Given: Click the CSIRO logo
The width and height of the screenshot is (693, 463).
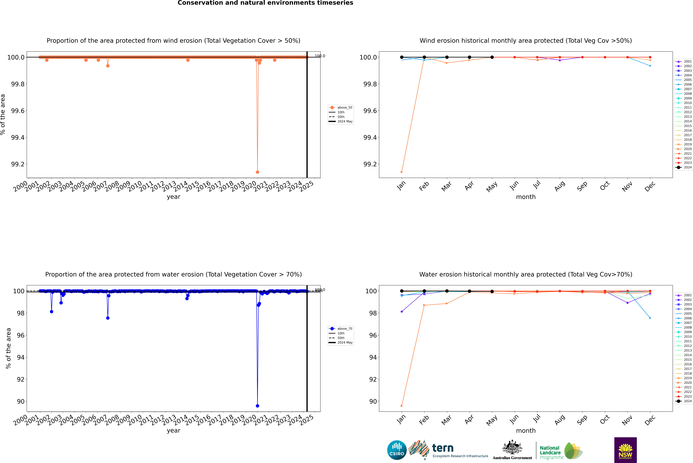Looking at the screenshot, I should (x=397, y=450).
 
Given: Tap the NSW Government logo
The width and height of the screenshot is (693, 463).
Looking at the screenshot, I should (x=625, y=450).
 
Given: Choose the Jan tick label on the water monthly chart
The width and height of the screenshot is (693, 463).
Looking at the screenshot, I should (x=401, y=420).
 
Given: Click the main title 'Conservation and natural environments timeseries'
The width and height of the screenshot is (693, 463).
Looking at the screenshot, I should (x=265, y=3).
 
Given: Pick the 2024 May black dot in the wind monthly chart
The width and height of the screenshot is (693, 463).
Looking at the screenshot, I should (x=492, y=57).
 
